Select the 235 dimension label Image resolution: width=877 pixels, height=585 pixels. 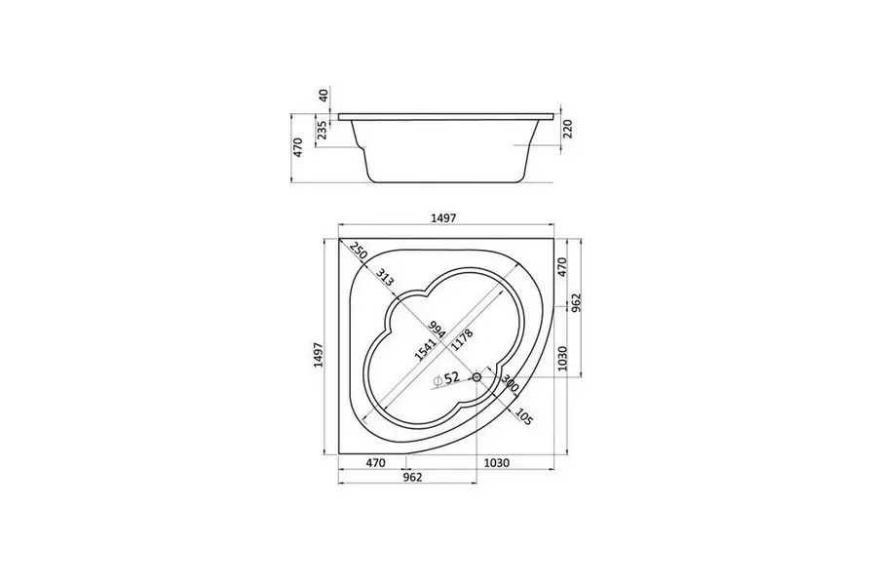tap(323, 131)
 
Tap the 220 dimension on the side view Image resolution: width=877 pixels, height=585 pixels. tap(568, 130)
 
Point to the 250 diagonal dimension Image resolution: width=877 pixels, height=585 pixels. tap(359, 252)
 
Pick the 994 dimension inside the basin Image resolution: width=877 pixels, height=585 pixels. tap(437, 330)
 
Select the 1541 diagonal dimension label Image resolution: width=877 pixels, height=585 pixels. tap(426, 348)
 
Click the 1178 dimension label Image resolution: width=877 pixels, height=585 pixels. tap(463, 340)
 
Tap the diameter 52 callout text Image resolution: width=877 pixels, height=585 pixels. tap(446, 378)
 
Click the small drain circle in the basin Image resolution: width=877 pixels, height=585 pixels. tap(477, 376)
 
